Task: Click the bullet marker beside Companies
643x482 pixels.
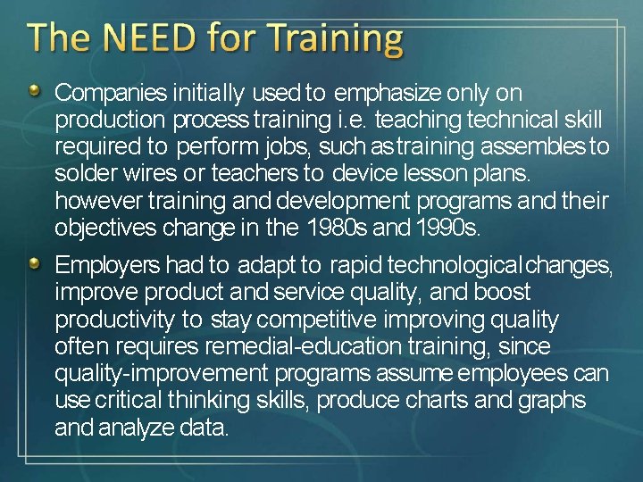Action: (33, 91)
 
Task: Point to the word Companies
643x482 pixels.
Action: (111, 93)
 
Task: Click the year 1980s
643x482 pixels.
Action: (338, 228)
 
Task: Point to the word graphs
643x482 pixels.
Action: (551, 400)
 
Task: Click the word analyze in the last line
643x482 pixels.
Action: (136, 428)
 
